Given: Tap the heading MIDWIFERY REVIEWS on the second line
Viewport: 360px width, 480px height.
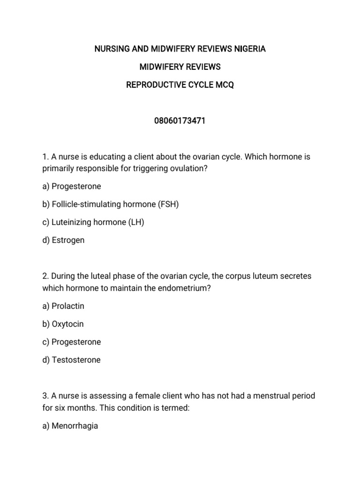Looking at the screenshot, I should [180, 67].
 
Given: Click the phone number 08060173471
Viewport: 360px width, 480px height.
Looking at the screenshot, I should [180, 121].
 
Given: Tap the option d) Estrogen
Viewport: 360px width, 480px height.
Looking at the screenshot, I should [63, 240].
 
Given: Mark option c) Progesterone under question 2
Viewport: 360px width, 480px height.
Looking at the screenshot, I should [71, 342].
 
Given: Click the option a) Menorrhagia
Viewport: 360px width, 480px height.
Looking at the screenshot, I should [70, 427].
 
